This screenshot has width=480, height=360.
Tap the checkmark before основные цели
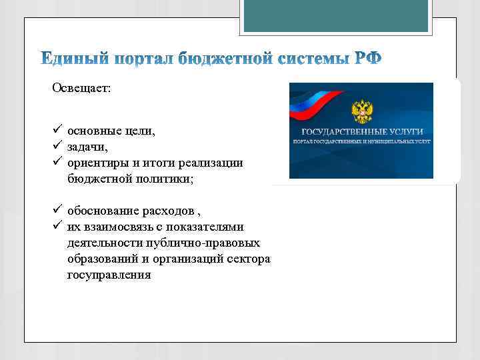point(57,131)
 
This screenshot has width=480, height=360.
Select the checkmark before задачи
point(57,147)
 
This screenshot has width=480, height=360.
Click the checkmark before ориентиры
point(57,163)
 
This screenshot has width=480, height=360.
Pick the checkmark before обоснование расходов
point(57,211)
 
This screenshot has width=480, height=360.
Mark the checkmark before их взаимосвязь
point(57,227)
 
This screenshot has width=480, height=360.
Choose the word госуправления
point(109,275)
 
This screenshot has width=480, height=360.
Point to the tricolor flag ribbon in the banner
point(313,100)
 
